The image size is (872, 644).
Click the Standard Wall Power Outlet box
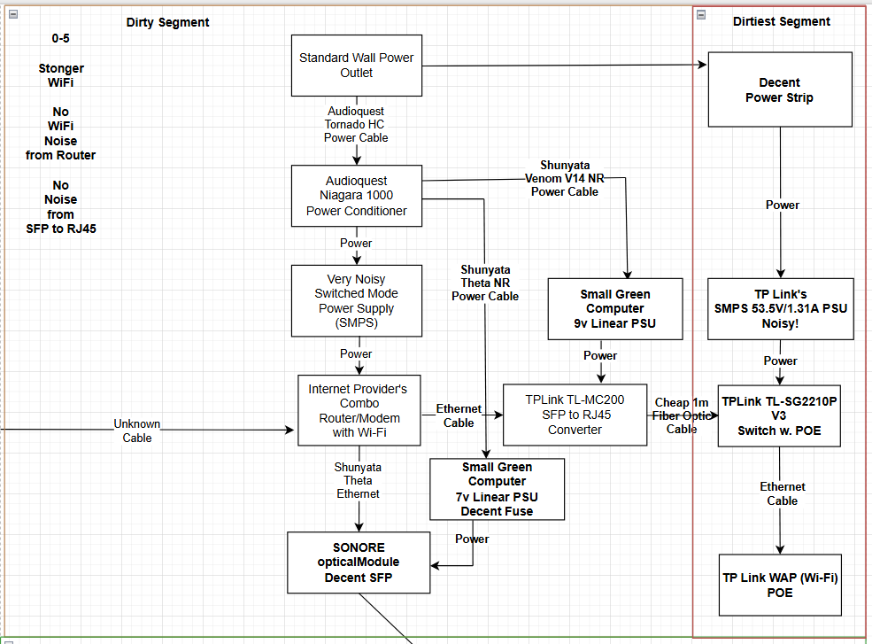coord(357,66)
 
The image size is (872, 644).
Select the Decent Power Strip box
coord(779,89)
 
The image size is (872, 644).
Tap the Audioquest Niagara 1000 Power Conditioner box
coord(357,196)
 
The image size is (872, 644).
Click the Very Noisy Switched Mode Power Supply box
coord(357,301)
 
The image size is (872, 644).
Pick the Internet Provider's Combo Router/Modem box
coord(357,411)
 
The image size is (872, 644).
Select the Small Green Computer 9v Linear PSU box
coord(615,309)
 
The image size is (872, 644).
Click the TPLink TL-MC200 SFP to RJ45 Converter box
coord(575,415)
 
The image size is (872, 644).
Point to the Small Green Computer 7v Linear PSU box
coord(497,489)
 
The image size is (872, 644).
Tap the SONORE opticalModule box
coord(359,563)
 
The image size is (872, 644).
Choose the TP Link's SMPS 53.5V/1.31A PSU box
coord(780,309)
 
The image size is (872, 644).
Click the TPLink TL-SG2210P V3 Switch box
coord(780,415)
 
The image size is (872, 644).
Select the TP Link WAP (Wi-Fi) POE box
coord(780,585)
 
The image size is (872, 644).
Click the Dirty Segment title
coord(167,22)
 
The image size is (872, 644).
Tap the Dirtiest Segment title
coord(782,21)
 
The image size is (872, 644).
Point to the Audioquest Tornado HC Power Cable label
coord(356,125)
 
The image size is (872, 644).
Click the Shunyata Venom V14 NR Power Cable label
coord(565,178)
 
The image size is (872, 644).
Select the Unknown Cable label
coord(136,431)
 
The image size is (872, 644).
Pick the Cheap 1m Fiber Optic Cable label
coord(682,415)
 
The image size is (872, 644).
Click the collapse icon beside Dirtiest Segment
coord(701,14)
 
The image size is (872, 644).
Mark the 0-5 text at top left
coord(60,39)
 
